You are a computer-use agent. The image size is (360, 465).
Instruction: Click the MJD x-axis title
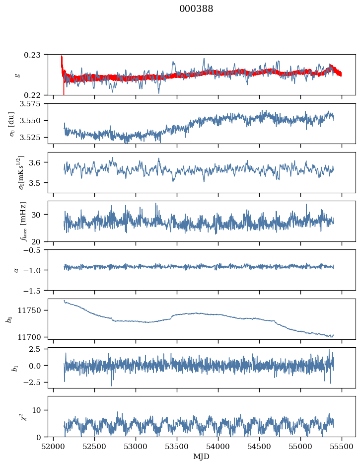[201, 456]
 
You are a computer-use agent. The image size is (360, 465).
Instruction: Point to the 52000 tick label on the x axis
[54, 447]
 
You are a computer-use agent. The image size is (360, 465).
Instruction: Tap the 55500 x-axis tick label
[342, 447]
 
